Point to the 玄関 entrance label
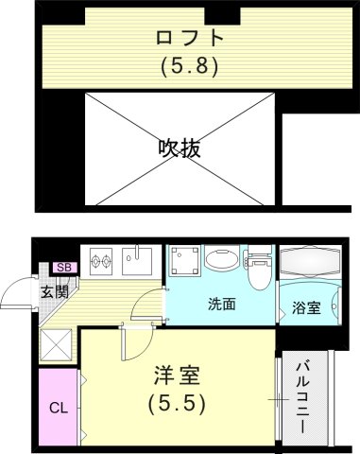pyautogui.click(x=53, y=291)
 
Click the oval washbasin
pyautogui.click(x=222, y=260)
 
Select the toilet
pyautogui.click(x=257, y=267)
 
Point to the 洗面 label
pyautogui.click(x=222, y=305)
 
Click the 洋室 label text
pyautogui.click(x=179, y=375)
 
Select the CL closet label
pyautogui.click(x=57, y=409)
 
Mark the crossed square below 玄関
pyautogui.click(x=59, y=343)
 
